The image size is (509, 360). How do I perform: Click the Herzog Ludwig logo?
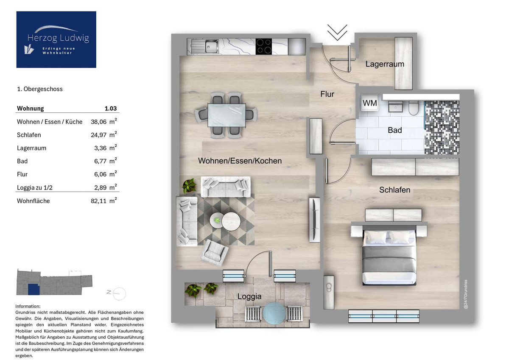click(56, 39)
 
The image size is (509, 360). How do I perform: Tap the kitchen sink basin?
click(211, 46)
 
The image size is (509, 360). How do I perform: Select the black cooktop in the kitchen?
click(263, 47)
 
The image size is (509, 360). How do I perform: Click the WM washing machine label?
click(370, 103)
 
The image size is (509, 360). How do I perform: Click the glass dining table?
click(227, 115)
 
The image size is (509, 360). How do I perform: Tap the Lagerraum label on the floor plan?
click(385, 64)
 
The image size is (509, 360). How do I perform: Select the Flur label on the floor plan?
click(327, 94)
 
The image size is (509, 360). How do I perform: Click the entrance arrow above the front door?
click(337, 33)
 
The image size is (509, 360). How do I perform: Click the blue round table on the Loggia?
click(274, 313)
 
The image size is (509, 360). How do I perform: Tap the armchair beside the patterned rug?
click(214, 253)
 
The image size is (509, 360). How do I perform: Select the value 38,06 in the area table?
click(98, 122)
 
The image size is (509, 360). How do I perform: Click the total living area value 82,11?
click(98, 201)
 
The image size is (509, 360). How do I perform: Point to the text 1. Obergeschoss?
click(40, 89)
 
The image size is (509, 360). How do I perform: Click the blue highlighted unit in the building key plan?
click(34, 289)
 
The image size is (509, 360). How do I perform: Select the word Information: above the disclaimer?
click(28, 306)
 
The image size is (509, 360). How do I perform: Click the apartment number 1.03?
click(111, 109)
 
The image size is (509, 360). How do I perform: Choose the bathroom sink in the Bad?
click(395, 107)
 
